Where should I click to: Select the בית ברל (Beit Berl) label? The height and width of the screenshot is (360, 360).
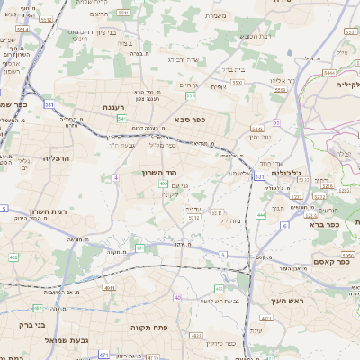[234, 68]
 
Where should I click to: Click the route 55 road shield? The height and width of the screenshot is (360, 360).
[277, 121]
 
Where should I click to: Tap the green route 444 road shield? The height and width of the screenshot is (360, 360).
[261, 215]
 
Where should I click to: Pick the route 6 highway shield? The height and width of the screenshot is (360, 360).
[283, 225]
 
